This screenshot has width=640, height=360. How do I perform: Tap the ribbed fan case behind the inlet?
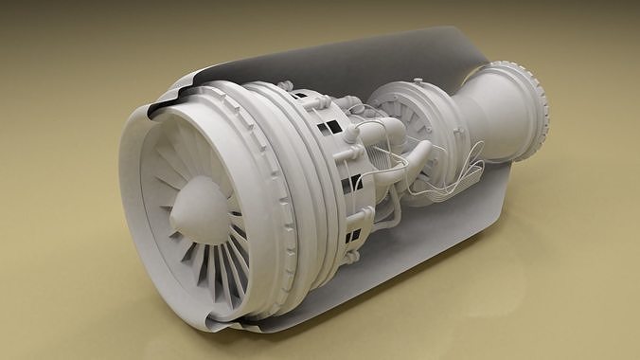tap(275, 180)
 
